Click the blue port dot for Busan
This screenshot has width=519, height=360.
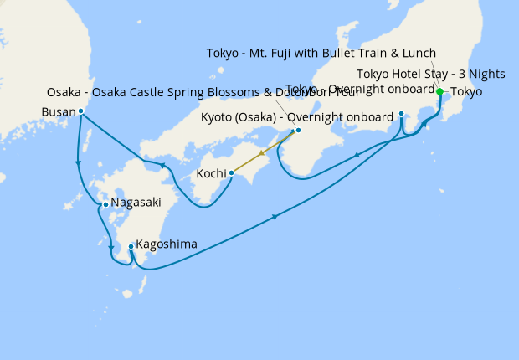coord(80,111)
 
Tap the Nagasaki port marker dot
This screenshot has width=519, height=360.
coord(105,203)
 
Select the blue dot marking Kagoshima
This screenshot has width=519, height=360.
coord(131,246)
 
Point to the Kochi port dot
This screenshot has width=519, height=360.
coord(231,173)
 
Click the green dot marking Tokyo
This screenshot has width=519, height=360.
coord(439,91)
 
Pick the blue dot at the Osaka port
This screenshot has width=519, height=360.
coord(298,131)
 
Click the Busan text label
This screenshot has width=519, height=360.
coord(58,111)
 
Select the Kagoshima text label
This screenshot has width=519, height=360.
coord(167,244)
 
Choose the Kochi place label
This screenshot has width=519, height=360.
coord(210,174)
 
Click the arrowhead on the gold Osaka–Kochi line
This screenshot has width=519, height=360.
coord(263,153)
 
